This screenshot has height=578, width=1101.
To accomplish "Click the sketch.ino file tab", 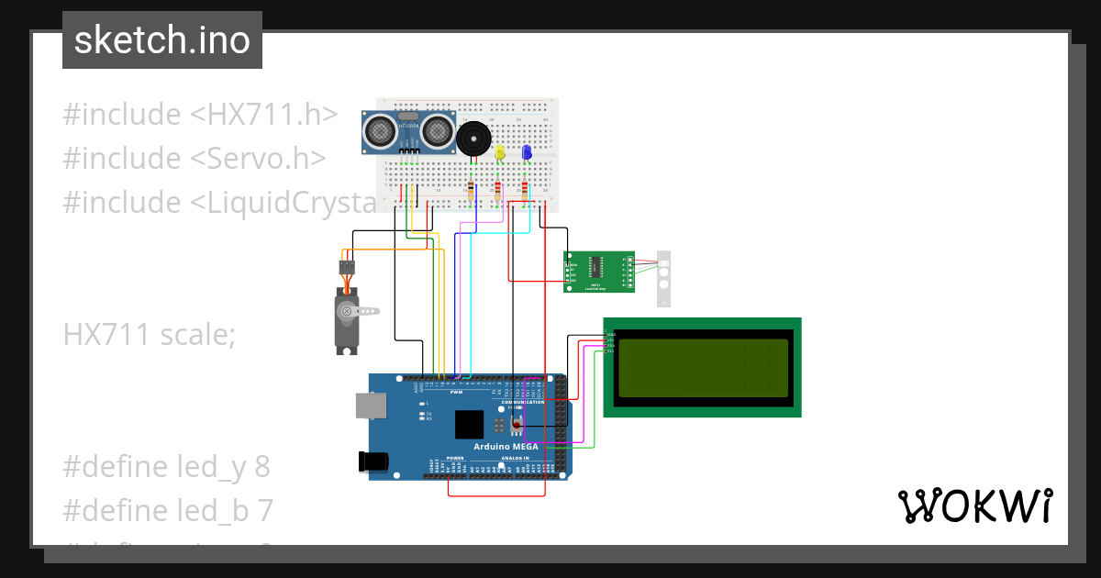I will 161,40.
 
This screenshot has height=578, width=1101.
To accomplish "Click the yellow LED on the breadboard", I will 499,152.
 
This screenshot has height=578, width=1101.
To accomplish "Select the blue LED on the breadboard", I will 527,152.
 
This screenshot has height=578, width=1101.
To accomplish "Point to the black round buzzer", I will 473,139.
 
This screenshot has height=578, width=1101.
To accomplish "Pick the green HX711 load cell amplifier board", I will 598,272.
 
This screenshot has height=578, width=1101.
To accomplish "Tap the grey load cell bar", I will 664,278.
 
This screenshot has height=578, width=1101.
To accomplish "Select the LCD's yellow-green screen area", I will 702,368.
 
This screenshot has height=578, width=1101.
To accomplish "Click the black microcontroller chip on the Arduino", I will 469,424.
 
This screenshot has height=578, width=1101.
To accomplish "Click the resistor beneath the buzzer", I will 472,191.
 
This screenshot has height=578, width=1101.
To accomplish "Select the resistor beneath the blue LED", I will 525,191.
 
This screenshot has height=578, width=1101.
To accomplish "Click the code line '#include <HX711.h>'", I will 200,115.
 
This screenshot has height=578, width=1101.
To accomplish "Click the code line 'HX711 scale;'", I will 150,335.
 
